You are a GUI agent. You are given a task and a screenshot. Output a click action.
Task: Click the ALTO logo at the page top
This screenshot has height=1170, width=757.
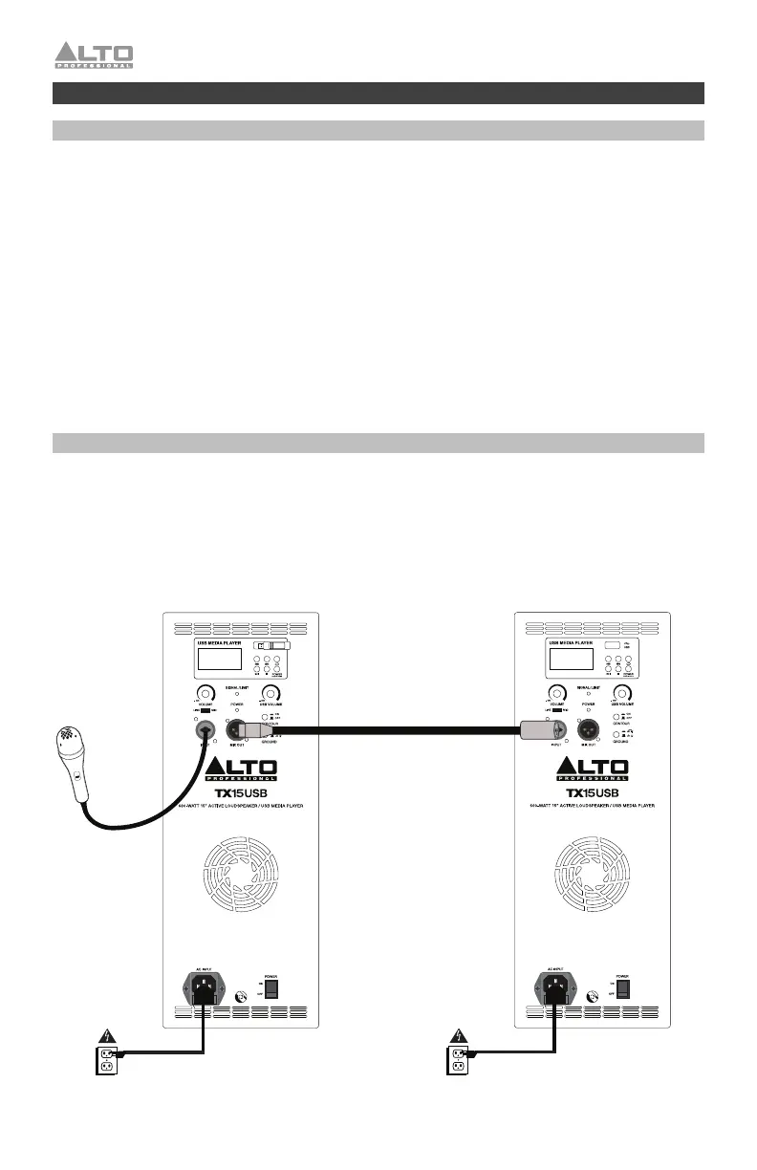[x=94, y=55]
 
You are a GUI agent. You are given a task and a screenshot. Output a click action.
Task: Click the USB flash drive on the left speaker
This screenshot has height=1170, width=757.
[x=268, y=646]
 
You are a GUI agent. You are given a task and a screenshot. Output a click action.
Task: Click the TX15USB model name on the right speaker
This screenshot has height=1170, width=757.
[x=594, y=792]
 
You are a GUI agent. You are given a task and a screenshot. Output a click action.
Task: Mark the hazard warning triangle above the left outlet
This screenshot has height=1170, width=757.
[x=107, y=1035]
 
